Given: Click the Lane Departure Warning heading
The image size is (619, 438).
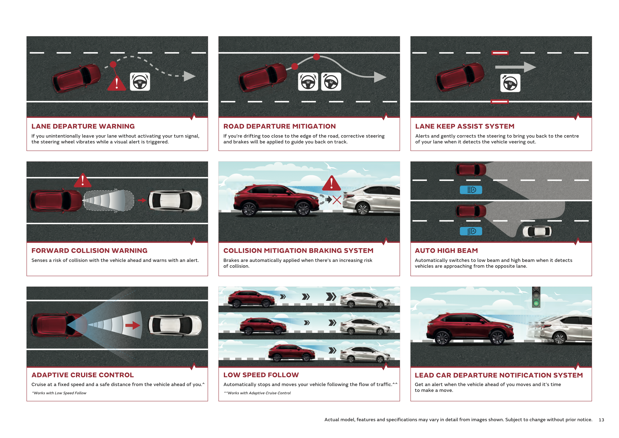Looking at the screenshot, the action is pos(83,126).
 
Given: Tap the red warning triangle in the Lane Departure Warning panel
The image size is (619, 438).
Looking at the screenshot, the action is pos(117,83).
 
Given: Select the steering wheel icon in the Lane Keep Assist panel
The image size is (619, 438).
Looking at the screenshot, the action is pos(510,83).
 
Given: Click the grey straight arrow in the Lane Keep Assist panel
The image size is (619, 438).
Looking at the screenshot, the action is pos(515,67).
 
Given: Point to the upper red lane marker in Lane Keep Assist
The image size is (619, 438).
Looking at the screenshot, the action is pos(500,53).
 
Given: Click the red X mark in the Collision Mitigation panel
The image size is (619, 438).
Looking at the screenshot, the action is pos(337,200).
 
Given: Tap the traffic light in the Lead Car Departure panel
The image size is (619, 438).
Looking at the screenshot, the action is pos(536,297).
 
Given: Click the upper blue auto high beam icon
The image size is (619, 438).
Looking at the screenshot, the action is pos(471,190).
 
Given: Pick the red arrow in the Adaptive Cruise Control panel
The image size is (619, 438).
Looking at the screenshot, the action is pos(133,325).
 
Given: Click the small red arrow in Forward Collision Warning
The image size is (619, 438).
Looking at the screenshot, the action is pos(142,200).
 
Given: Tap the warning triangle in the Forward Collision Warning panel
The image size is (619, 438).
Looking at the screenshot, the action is pos(83,180).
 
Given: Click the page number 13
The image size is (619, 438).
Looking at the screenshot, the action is pos(601,420).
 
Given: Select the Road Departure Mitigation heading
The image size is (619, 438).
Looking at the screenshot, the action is pos(279,126).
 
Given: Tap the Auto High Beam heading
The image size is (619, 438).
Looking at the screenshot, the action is pos(446,251).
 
